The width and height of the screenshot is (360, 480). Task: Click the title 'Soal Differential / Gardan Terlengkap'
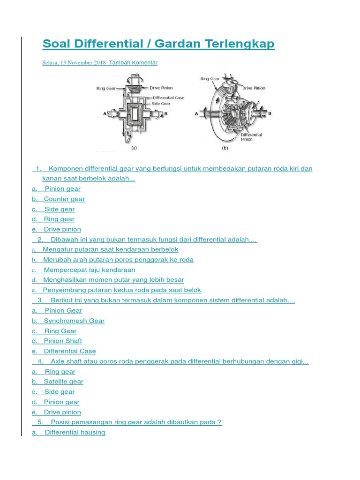[x=158, y=44]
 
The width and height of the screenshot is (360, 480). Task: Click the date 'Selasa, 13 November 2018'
[x=74, y=62]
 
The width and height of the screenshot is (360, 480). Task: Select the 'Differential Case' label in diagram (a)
[x=168, y=97]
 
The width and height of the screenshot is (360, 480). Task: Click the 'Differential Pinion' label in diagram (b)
[x=251, y=137]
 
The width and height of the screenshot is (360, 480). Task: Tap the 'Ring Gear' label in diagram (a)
[x=106, y=88]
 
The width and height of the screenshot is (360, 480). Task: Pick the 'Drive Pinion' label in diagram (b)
[x=254, y=88]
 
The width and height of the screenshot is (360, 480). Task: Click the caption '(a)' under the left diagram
[x=134, y=148]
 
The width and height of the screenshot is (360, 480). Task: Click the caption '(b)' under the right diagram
[x=225, y=148]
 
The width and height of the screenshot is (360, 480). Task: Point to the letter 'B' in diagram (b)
[x=270, y=113]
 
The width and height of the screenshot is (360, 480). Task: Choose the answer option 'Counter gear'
[x=64, y=199]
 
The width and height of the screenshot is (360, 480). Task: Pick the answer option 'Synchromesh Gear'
[x=74, y=321]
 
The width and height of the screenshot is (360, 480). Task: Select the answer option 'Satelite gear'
[x=63, y=382]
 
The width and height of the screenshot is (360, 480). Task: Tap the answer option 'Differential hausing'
[x=75, y=432]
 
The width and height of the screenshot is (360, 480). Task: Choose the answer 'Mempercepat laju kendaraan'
[x=89, y=270]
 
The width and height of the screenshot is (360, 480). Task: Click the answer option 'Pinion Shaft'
[x=63, y=341]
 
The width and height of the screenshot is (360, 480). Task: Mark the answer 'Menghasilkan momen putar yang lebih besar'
[x=113, y=280]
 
